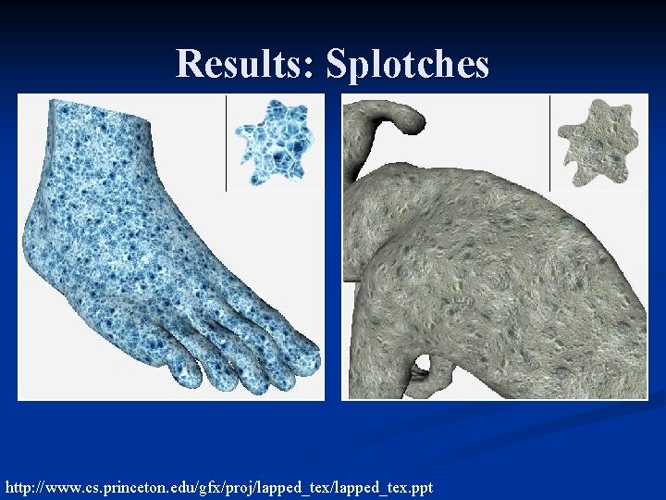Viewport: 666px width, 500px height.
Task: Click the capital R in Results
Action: pos(190,65)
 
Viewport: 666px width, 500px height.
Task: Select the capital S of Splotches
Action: pos(339,65)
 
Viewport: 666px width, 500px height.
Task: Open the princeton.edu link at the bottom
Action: pos(218,486)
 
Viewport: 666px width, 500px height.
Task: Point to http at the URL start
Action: pos(20,486)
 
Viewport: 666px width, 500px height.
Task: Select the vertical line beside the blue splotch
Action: pos(226,144)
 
